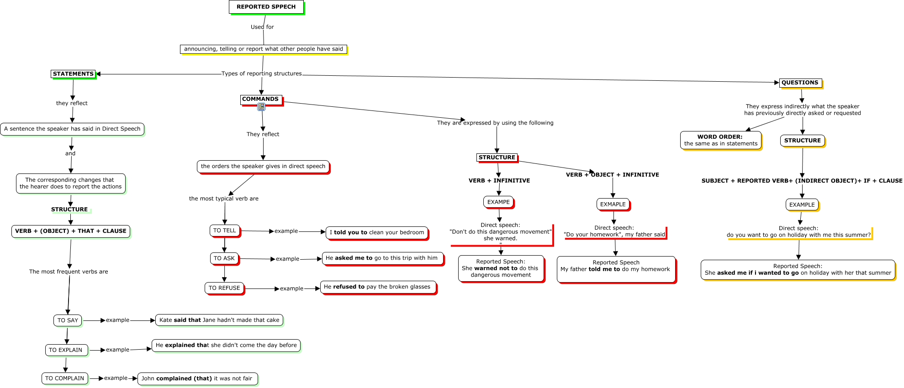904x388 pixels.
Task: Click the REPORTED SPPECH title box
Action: [x=266, y=7]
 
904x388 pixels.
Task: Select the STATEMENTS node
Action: [x=73, y=74]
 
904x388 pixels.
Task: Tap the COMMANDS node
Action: [x=260, y=99]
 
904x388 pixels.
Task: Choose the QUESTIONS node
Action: [x=800, y=83]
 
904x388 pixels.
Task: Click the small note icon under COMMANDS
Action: [x=261, y=107]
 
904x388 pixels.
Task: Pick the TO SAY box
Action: [x=68, y=320]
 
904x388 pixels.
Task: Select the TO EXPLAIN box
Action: [x=66, y=350]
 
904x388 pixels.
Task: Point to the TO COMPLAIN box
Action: [x=64, y=378]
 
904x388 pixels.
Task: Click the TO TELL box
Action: [x=225, y=231]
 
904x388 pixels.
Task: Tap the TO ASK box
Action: [x=224, y=258]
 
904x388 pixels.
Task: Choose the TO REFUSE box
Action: [x=224, y=288]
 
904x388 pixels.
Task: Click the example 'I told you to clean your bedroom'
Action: [x=377, y=232]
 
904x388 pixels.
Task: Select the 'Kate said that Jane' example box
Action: [x=219, y=320]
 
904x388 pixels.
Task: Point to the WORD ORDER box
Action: [x=720, y=140]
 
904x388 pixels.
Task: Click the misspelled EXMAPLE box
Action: [x=613, y=204]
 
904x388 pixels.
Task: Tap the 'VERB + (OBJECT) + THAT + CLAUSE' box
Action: [x=71, y=231]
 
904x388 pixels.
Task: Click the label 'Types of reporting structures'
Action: [x=262, y=73]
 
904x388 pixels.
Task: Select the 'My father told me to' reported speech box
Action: [x=616, y=269]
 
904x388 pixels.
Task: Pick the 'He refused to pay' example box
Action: [x=378, y=287]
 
